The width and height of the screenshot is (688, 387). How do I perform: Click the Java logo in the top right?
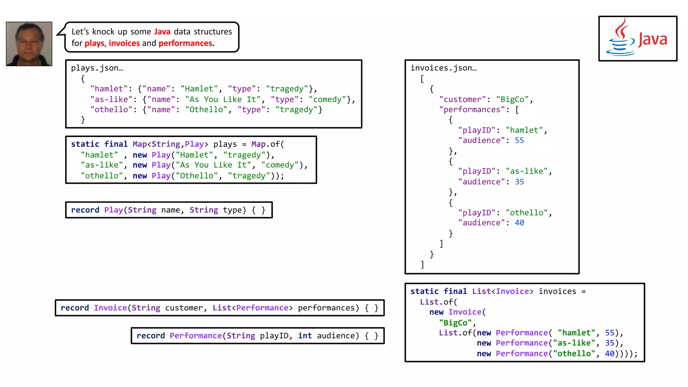tap(637, 39)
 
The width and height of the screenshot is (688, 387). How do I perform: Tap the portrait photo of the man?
tap(29, 44)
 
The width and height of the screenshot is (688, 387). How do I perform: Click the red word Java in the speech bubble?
tap(162, 32)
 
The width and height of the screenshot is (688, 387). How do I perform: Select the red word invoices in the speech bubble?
tap(124, 43)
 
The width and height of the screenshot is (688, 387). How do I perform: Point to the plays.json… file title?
tap(97, 68)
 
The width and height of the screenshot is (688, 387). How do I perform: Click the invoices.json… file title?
tap(443, 68)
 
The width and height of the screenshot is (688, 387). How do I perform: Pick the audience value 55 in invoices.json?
tap(519, 140)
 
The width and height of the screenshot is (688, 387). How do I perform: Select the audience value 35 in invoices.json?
tap(519, 182)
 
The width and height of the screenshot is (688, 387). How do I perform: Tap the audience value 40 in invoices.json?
tap(519, 223)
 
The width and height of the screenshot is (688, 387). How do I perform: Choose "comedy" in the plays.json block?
tap(328, 99)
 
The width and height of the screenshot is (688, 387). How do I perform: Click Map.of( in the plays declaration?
tap(267, 144)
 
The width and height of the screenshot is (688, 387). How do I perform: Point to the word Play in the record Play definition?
tap(114, 210)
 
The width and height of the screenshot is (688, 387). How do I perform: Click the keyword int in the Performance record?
tap(305, 336)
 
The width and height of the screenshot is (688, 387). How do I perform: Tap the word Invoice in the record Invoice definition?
tap(110, 308)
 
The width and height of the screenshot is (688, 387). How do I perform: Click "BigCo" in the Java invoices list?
tap(455, 322)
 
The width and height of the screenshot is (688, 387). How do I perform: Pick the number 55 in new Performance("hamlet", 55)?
tap(609, 333)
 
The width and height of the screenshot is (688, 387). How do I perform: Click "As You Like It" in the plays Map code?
tap(213, 165)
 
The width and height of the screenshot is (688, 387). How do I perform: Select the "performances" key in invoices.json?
tap(472, 110)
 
